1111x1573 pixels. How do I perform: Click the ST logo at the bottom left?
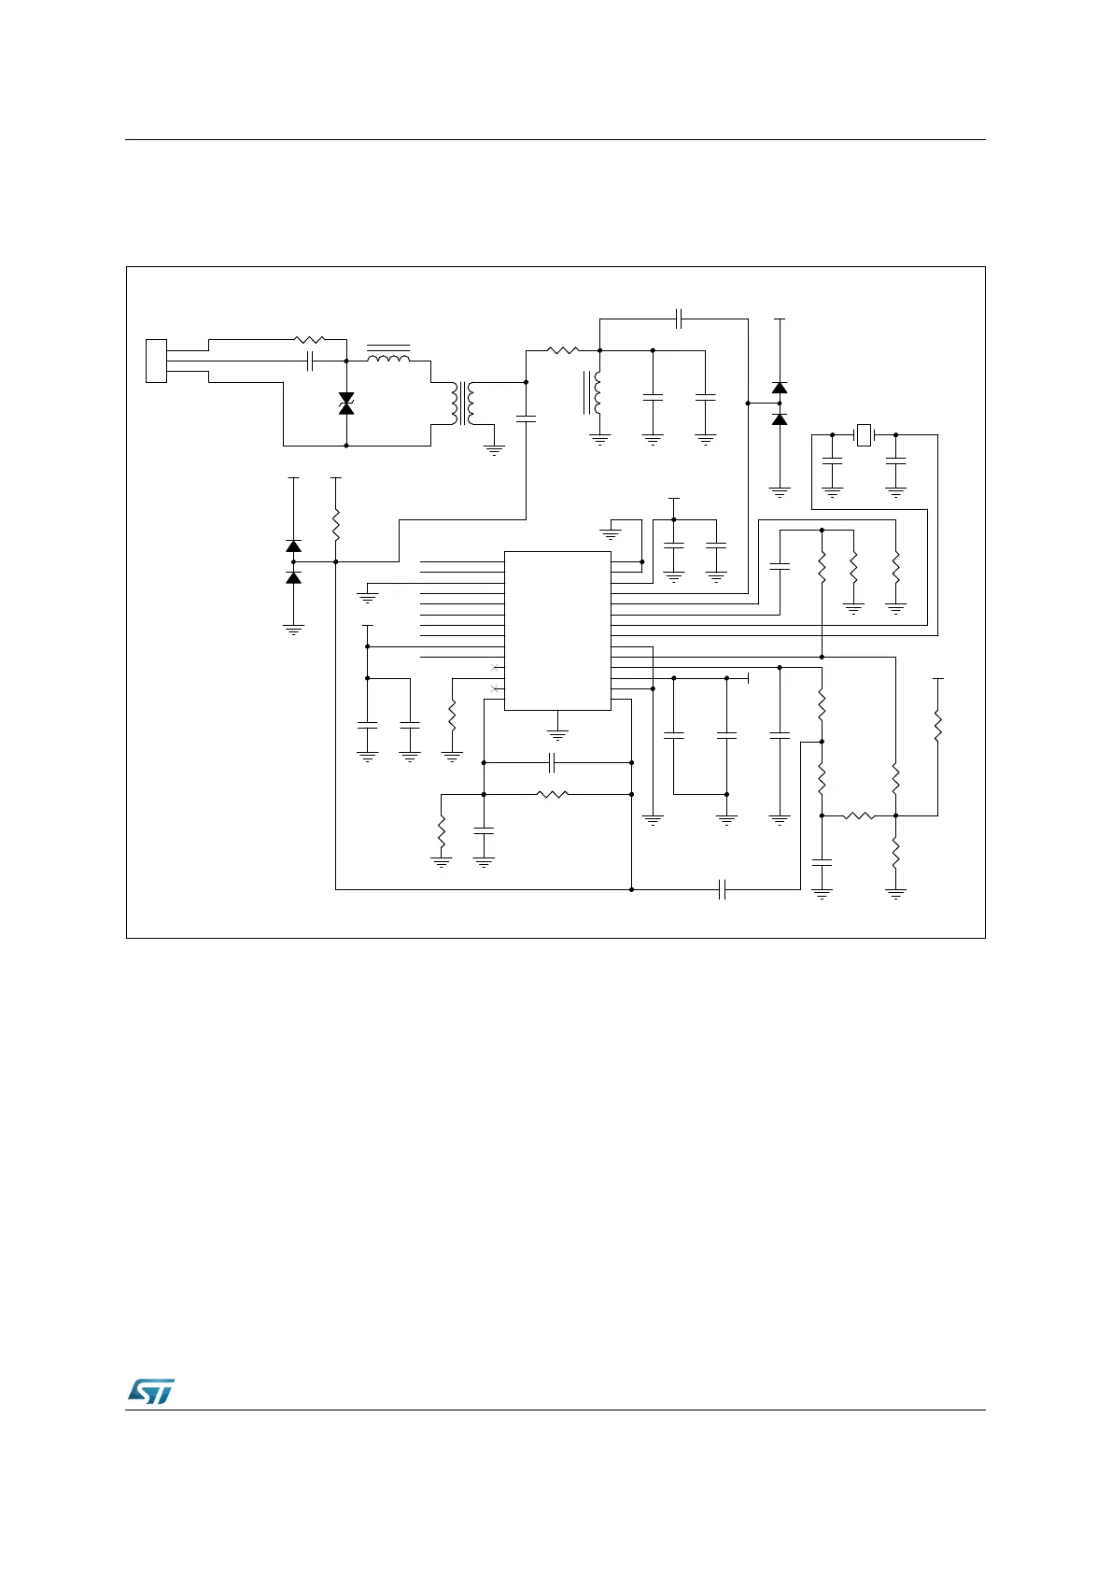(150, 1391)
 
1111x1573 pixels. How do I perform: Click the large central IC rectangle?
(557, 631)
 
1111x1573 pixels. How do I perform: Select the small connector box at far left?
(156, 361)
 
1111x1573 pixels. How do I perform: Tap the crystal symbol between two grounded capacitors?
(864, 435)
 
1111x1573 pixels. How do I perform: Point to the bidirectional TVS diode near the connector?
(346, 404)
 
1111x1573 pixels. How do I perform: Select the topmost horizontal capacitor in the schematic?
(681, 319)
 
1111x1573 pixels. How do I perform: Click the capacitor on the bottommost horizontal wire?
(723, 889)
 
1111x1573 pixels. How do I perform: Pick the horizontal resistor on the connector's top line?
(309, 340)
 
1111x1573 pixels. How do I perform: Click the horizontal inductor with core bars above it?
(388, 358)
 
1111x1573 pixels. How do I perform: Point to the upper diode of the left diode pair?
(293, 546)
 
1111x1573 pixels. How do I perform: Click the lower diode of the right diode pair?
(779, 419)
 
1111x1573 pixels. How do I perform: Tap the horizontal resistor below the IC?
(553, 795)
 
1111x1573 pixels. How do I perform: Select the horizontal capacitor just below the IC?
(553, 762)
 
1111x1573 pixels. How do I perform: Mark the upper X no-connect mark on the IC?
(495, 667)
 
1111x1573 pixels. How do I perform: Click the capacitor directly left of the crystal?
(832, 461)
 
